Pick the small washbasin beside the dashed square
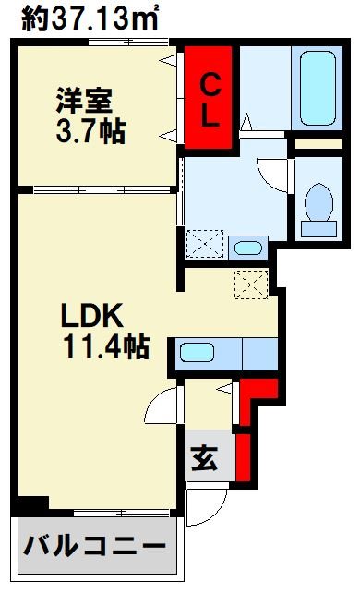pyautogui.click(x=247, y=248)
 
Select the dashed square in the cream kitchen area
pyautogui.click(x=250, y=283)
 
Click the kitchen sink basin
pyautogui.click(x=198, y=352)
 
